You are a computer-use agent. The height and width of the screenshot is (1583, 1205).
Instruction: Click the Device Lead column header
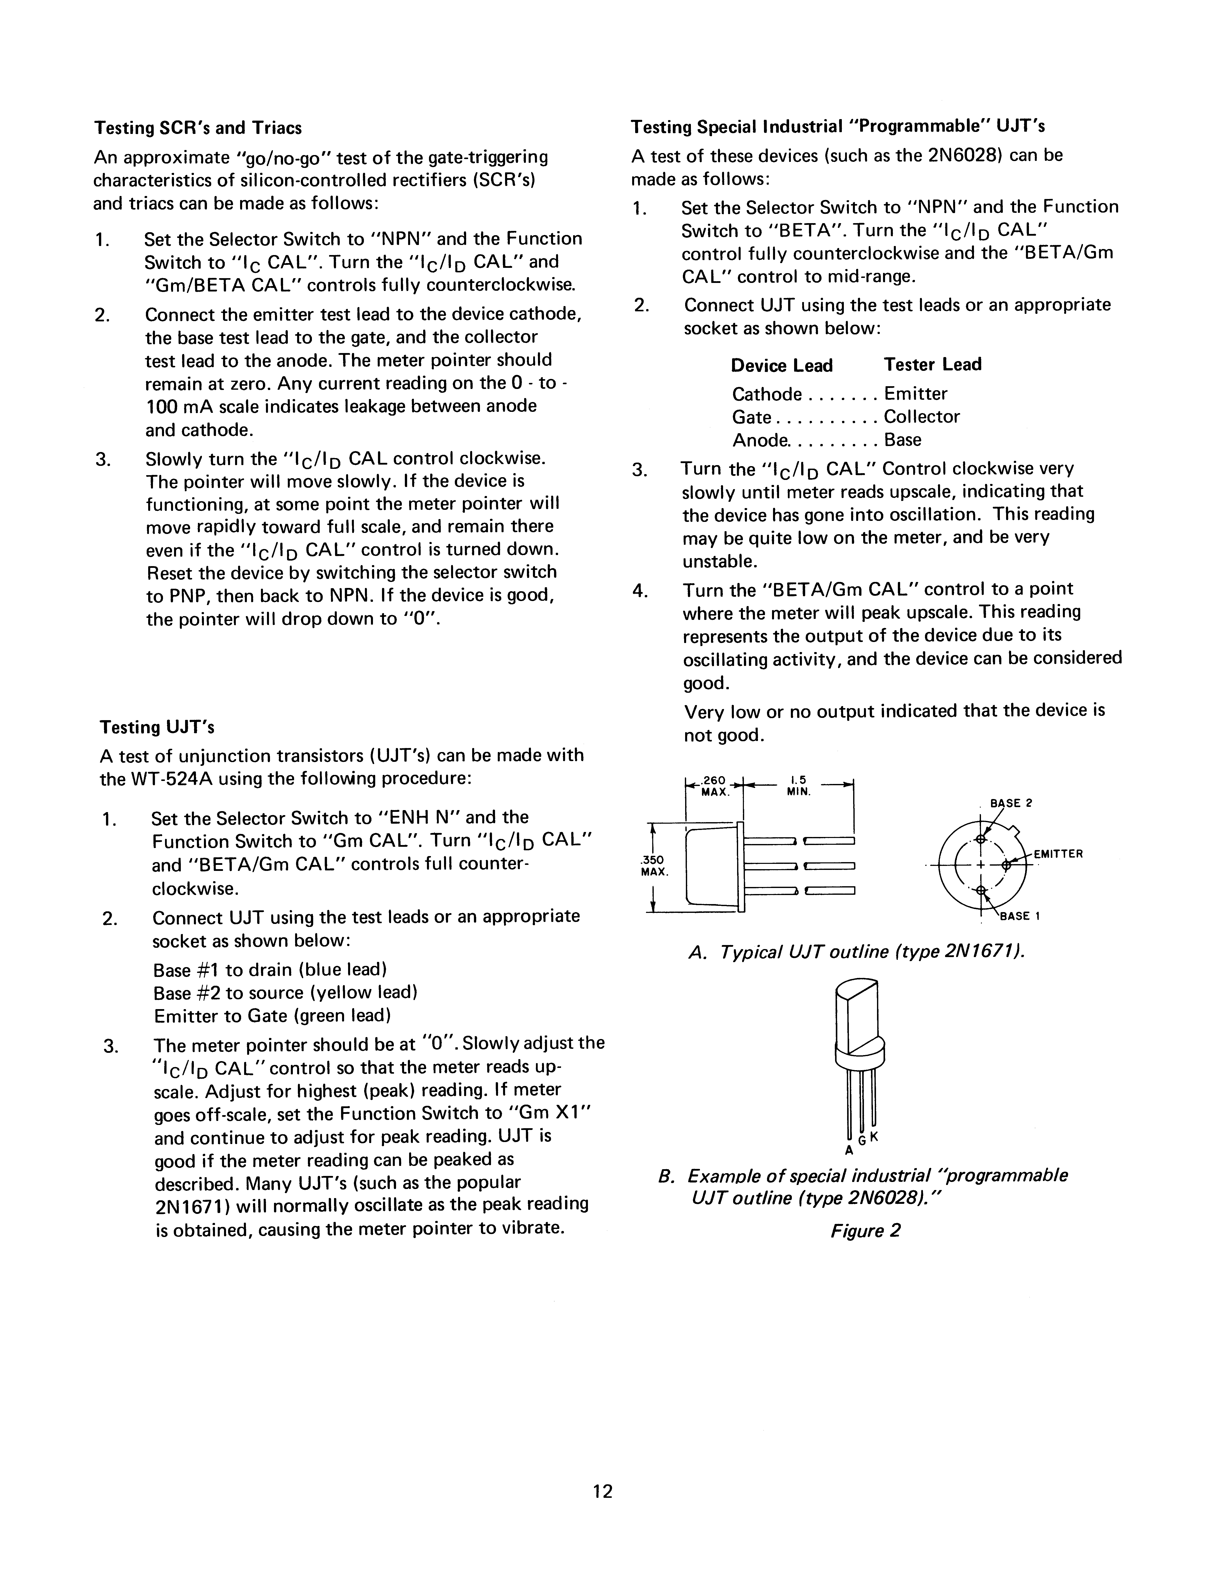coord(782,366)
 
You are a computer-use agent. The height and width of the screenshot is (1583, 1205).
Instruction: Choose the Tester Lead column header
coord(933,365)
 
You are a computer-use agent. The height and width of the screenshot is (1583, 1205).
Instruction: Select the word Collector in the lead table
coord(922,417)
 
